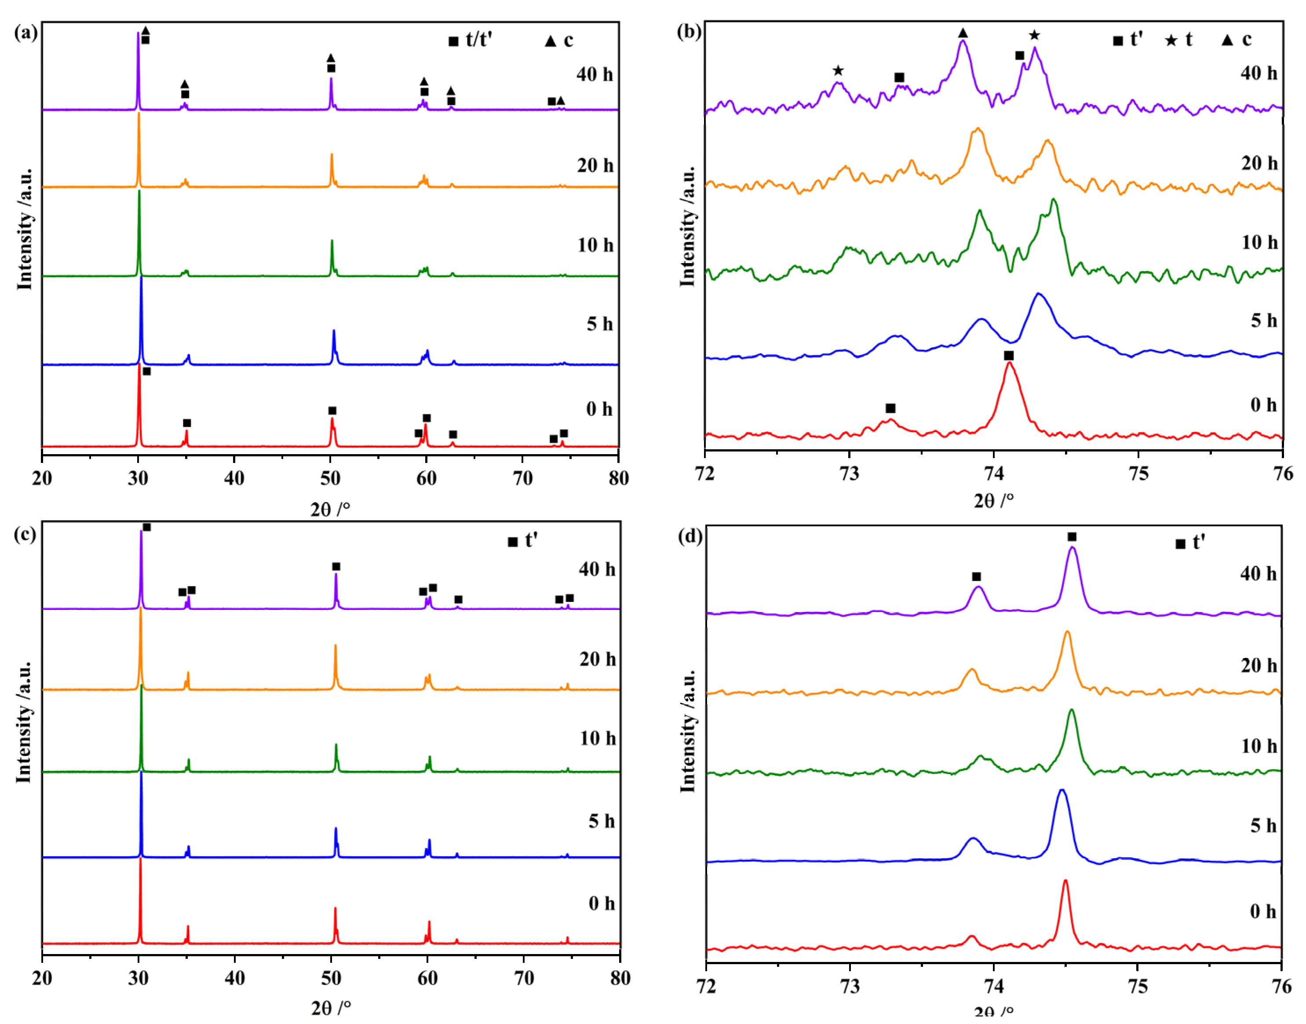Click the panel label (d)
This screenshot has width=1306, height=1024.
[x=689, y=536]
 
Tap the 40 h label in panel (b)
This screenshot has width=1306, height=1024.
[x=1258, y=73]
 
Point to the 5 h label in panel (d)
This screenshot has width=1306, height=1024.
[x=1263, y=826]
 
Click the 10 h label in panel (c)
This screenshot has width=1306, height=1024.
[x=597, y=738]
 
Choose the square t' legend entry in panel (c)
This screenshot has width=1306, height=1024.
[x=522, y=541]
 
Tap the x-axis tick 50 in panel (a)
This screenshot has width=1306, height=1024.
[x=330, y=478]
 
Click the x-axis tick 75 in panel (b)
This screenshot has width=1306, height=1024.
[x=1138, y=473]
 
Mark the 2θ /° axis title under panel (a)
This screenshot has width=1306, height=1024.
[x=330, y=509]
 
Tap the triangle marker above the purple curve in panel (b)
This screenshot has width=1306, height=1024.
[x=963, y=33]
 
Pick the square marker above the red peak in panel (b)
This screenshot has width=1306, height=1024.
[x=1009, y=356]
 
